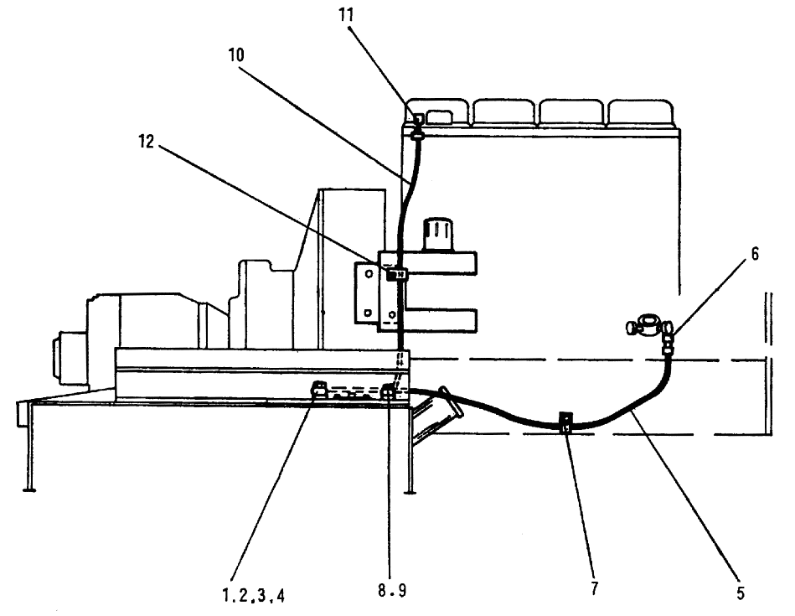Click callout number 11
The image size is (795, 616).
coord(346,15)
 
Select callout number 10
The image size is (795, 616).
coord(235,54)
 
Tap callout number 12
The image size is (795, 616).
coord(146,142)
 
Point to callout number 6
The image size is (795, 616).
coord(755,254)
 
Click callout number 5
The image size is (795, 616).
coord(741,593)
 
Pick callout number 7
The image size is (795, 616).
coord(594,588)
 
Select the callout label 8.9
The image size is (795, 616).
coord(392,590)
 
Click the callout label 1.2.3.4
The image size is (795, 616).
coord(254,595)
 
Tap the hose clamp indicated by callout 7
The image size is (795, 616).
coord(565,422)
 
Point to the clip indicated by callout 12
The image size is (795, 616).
coord(396,275)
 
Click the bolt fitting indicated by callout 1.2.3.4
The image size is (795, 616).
coord(319,391)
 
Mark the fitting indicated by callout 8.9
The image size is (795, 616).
coord(389,391)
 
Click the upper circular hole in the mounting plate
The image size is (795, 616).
coord(369,274)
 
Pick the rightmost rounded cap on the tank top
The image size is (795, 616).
coord(641,112)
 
